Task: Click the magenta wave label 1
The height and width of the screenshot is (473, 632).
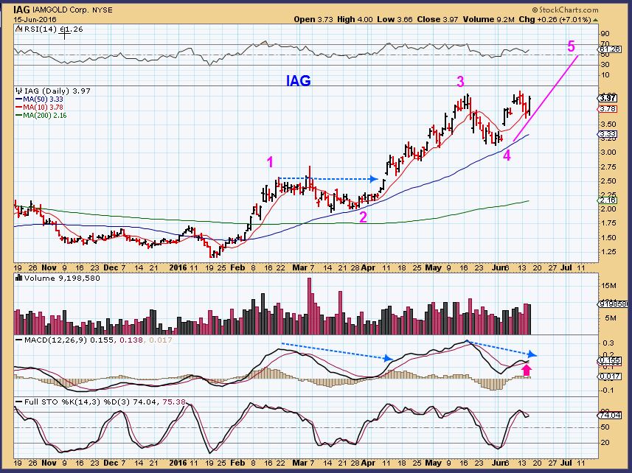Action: pyautogui.click(x=271, y=161)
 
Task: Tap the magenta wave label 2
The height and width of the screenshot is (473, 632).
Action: pyautogui.click(x=363, y=216)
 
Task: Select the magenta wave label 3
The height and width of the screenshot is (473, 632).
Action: pyautogui.click(x=460, y=81)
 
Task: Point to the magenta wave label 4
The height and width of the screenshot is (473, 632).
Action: pyautogui.click(x=507, y=155)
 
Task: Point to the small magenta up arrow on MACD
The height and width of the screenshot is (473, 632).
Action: pyautogui.click(x=527, y=368)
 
